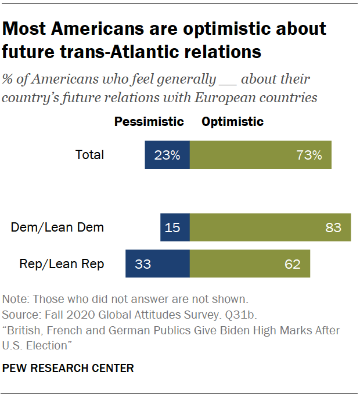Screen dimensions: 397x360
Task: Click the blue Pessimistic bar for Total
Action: [167, 155]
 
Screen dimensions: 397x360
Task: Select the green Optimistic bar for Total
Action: [261, 155]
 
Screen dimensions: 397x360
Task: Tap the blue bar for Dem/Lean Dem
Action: [175, 227]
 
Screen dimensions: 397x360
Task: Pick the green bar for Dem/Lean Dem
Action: [270, 227]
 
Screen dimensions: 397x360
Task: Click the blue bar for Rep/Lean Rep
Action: [158, 264]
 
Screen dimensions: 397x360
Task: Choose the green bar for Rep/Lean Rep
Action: [250, 264]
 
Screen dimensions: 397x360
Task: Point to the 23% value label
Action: [167, 155]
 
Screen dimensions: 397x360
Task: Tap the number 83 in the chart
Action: [333, 228]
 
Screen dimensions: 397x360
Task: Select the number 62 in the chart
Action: [293, 264]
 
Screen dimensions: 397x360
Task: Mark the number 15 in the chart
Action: [172, 228]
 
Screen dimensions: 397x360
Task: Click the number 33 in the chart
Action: [143, 264]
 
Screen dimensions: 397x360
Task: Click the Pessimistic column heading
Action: [149, 122]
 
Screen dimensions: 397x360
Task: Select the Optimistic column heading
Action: [232, 122]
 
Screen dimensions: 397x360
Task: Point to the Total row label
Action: [90, 155]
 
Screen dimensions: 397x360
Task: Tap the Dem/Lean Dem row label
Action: [57, 228]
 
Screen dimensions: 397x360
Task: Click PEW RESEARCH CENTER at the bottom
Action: [69, 368]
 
